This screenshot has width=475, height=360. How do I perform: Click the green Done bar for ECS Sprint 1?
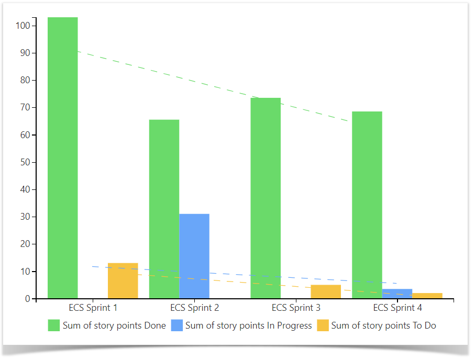(x=63, y=157)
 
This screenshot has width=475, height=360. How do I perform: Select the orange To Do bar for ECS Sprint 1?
(x=123, y=281)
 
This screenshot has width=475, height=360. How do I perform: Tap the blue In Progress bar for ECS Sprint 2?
(x=194, y=256)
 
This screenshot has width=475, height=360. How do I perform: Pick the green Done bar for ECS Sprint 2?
(x=164, y=209)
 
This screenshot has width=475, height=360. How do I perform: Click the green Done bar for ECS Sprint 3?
(x=266, y=199)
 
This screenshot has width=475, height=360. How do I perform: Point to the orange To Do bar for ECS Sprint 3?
(x=326, y=292)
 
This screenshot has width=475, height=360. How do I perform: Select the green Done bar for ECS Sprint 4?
(x=367, y=204)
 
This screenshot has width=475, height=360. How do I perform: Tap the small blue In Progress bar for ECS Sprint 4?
(x=397, y=294)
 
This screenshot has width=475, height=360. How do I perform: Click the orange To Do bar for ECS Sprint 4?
(x=427, y=296)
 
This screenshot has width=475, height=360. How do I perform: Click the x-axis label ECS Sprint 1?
(x=93, y=308)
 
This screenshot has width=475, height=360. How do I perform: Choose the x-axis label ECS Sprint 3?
(x=296, y=308)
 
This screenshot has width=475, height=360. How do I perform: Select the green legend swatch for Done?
(x=54, y=325)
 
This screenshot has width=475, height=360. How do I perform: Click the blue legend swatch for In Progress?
(x=176, y=325)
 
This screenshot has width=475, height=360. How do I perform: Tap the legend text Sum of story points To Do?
(x=383, y=325)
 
